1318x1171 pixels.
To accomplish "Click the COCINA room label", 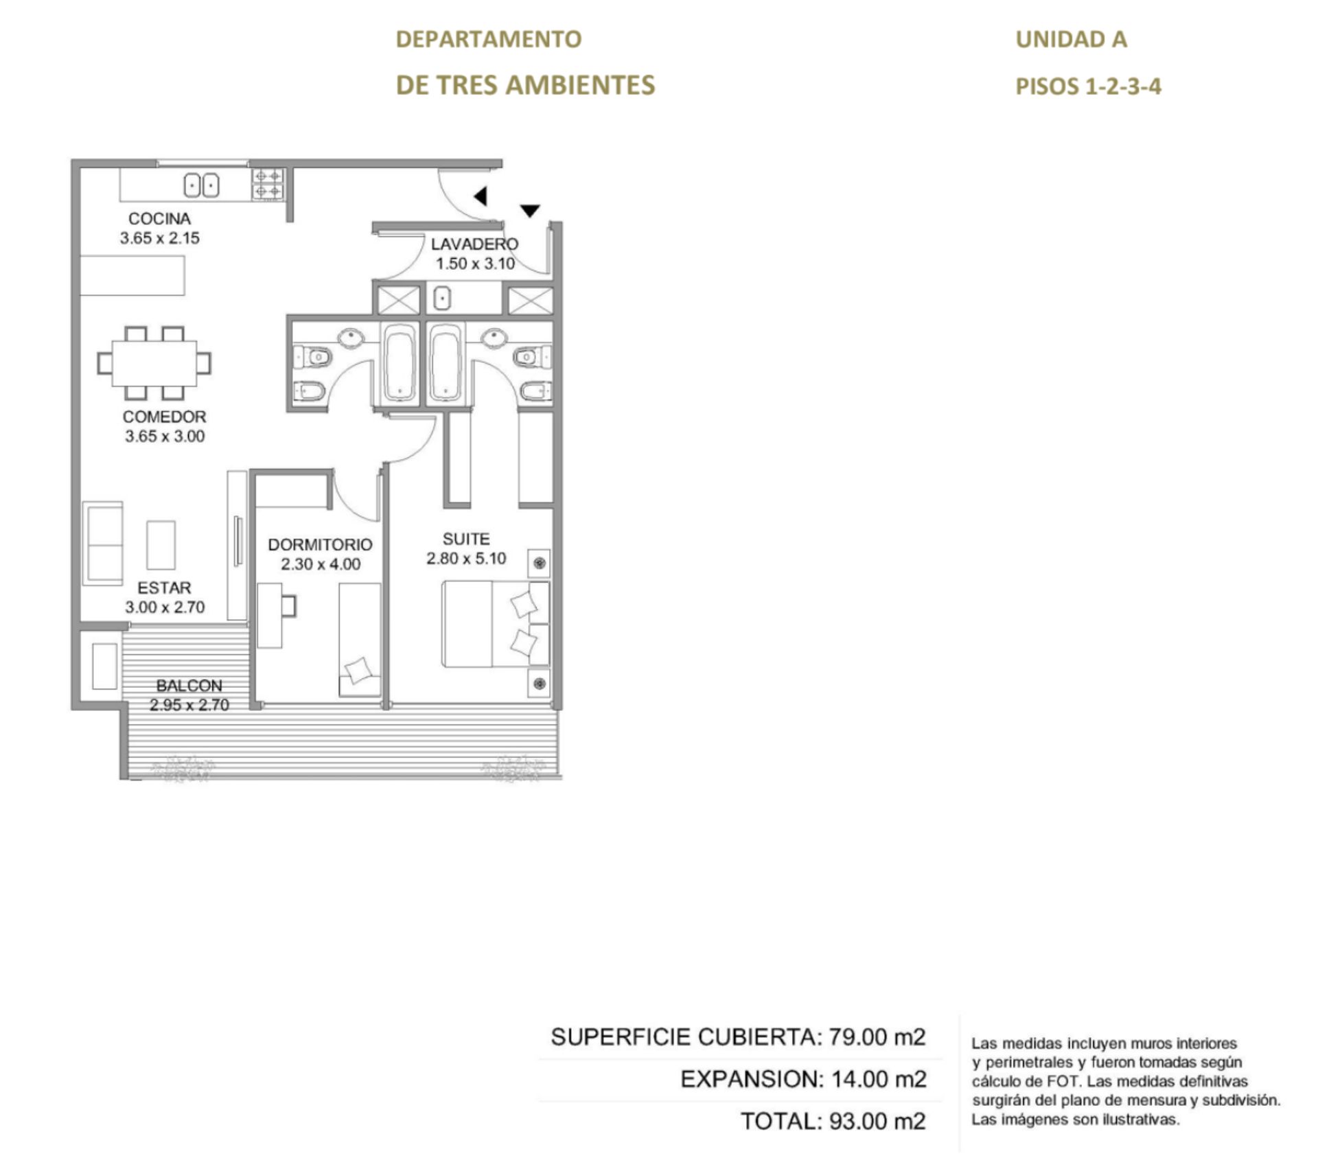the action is [159, 219].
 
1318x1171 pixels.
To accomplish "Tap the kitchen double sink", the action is [201, 185].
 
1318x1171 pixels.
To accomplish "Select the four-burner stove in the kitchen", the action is [268, 184].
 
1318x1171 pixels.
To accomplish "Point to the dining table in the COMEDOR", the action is [154, 363].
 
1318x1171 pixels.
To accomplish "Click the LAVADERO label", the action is [474, 244].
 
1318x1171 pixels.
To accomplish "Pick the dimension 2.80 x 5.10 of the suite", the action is [466, 559].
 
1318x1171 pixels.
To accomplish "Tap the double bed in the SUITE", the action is [496, 623].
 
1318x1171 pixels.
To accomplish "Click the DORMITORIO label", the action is [320, 545].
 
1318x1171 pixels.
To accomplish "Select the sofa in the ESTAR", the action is [103, 544].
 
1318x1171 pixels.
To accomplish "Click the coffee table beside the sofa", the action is [161, 545].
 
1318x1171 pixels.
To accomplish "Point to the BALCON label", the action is [189, 686].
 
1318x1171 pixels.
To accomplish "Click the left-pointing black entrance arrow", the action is [481, 196].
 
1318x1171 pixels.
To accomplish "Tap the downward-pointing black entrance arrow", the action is [530, 211].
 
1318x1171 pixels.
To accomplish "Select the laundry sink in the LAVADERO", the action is [443, 299].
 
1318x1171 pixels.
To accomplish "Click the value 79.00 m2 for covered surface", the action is [877, 1036].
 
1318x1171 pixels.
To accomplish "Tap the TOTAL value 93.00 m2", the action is [877, 1121].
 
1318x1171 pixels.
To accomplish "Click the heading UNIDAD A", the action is [1071, 39].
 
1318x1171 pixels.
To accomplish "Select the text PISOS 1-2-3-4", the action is [1088, 86].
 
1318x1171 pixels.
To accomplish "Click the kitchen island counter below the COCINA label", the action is [132, 276].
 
